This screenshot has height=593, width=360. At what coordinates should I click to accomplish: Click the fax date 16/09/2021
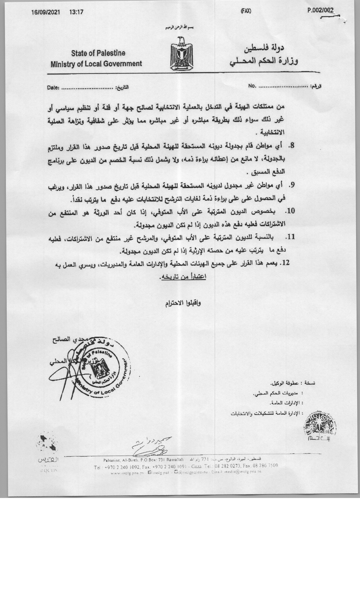coord(46,13)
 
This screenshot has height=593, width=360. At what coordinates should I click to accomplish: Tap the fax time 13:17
coord(76,13)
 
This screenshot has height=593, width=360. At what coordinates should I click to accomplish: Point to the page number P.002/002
coord(321,11)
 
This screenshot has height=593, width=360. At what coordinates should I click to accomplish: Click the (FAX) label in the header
coord(246,11)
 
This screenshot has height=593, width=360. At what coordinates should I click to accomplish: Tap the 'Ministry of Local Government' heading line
coord(96,64)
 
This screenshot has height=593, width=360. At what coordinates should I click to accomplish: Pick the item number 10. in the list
coord(290,211)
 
